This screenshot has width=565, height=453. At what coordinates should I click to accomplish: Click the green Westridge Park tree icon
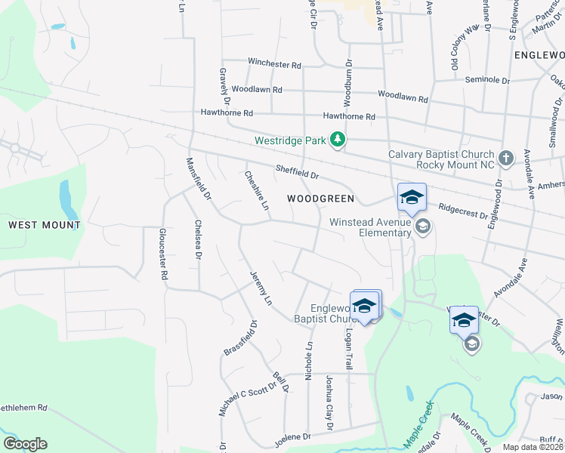click(x=339, y=140)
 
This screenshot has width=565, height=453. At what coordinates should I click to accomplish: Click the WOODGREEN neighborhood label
click(x=320, y=199)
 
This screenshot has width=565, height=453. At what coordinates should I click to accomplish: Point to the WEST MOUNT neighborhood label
click(x=45, y=225)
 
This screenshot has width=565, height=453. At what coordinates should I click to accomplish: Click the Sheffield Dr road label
click(x=298, y=174)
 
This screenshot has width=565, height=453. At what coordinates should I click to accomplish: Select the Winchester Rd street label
click(x=274, y=64)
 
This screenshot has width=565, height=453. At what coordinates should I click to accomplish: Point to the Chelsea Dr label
click(x=198, y=239)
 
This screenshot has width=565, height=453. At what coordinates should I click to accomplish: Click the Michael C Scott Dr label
click(x=233, y=392)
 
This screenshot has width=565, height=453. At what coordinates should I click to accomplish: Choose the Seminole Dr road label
click(x=486, y=80)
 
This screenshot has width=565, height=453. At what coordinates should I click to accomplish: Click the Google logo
click(x=25, y=444)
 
